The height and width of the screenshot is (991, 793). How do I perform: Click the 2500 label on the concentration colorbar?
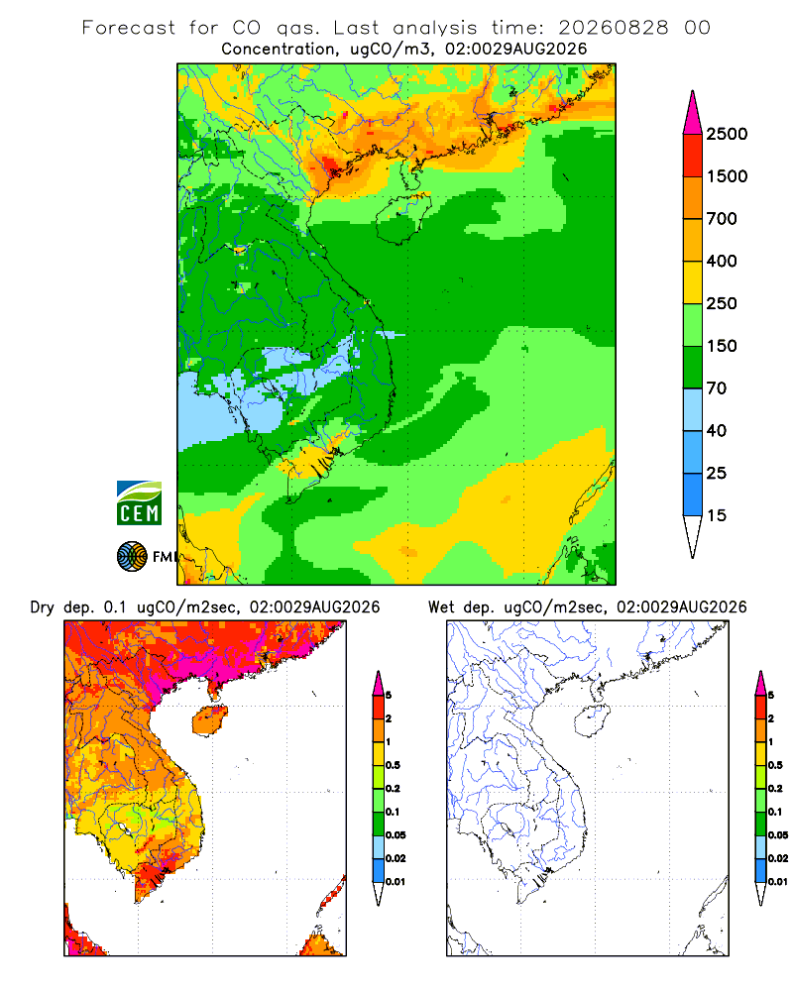[x=727, y=134]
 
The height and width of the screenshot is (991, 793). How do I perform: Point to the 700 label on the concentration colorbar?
[x=722, y=219]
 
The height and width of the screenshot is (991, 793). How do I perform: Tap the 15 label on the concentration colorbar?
[x=717, y=515]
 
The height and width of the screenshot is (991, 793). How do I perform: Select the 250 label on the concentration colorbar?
[x=722, y=303]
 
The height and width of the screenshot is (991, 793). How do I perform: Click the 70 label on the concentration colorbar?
[x=717, y=388]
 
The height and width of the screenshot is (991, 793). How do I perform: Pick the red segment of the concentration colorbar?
[x=693, y=156]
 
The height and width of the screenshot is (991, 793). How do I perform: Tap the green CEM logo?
[x=139, y=503]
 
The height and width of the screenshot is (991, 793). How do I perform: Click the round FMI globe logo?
[x=132, y=557]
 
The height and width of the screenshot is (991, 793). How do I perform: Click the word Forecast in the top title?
[x=129, y=28]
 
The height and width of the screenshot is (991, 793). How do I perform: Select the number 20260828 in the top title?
[x=613, y=28]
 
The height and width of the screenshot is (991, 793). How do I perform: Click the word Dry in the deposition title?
[x=43, y=607]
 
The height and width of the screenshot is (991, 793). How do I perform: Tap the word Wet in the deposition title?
[x=441, y=607]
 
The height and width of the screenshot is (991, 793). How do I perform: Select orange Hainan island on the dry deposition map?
[x=209, y=720]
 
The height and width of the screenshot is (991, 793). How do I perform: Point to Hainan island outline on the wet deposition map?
[x=592, y=720]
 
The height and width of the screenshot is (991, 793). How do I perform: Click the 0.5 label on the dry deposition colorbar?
[x=393, y=765]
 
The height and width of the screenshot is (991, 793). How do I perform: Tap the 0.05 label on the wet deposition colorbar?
[x=778, y=835]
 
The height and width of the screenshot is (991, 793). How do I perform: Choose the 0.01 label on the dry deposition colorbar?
[x=396, y=882]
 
